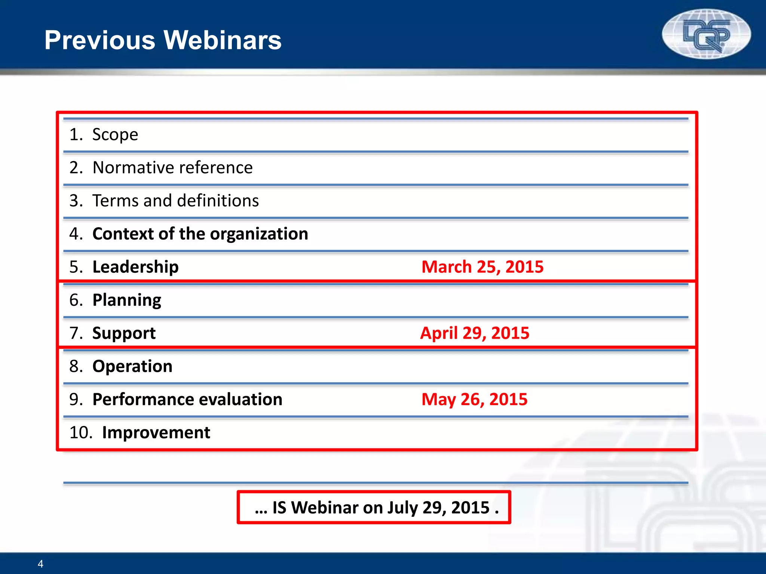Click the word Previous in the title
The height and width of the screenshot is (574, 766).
click(99, 40)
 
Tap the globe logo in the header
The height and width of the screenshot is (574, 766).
click(706, 34)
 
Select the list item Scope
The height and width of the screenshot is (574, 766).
click(115, 135)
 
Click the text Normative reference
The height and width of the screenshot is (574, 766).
click(172, 167)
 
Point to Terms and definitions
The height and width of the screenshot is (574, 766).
click(175, 201)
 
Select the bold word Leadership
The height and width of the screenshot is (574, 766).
click(135, 267)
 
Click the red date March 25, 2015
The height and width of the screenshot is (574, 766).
click(482, 267)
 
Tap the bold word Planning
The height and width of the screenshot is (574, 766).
click(127, 300)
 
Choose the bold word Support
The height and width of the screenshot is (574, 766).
click(124, 333)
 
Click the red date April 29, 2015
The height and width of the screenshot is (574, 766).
click(475, 333)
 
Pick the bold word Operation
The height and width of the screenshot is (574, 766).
click(132, 366)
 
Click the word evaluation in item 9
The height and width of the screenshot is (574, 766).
click(236, 399)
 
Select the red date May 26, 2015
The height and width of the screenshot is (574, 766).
click(474, 399)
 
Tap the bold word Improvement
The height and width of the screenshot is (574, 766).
click(156, 433)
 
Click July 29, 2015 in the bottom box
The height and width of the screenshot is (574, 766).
click(438, 507)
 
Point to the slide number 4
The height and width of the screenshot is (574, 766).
click(40, 564)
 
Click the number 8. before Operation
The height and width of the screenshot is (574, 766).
click(76, 366)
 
